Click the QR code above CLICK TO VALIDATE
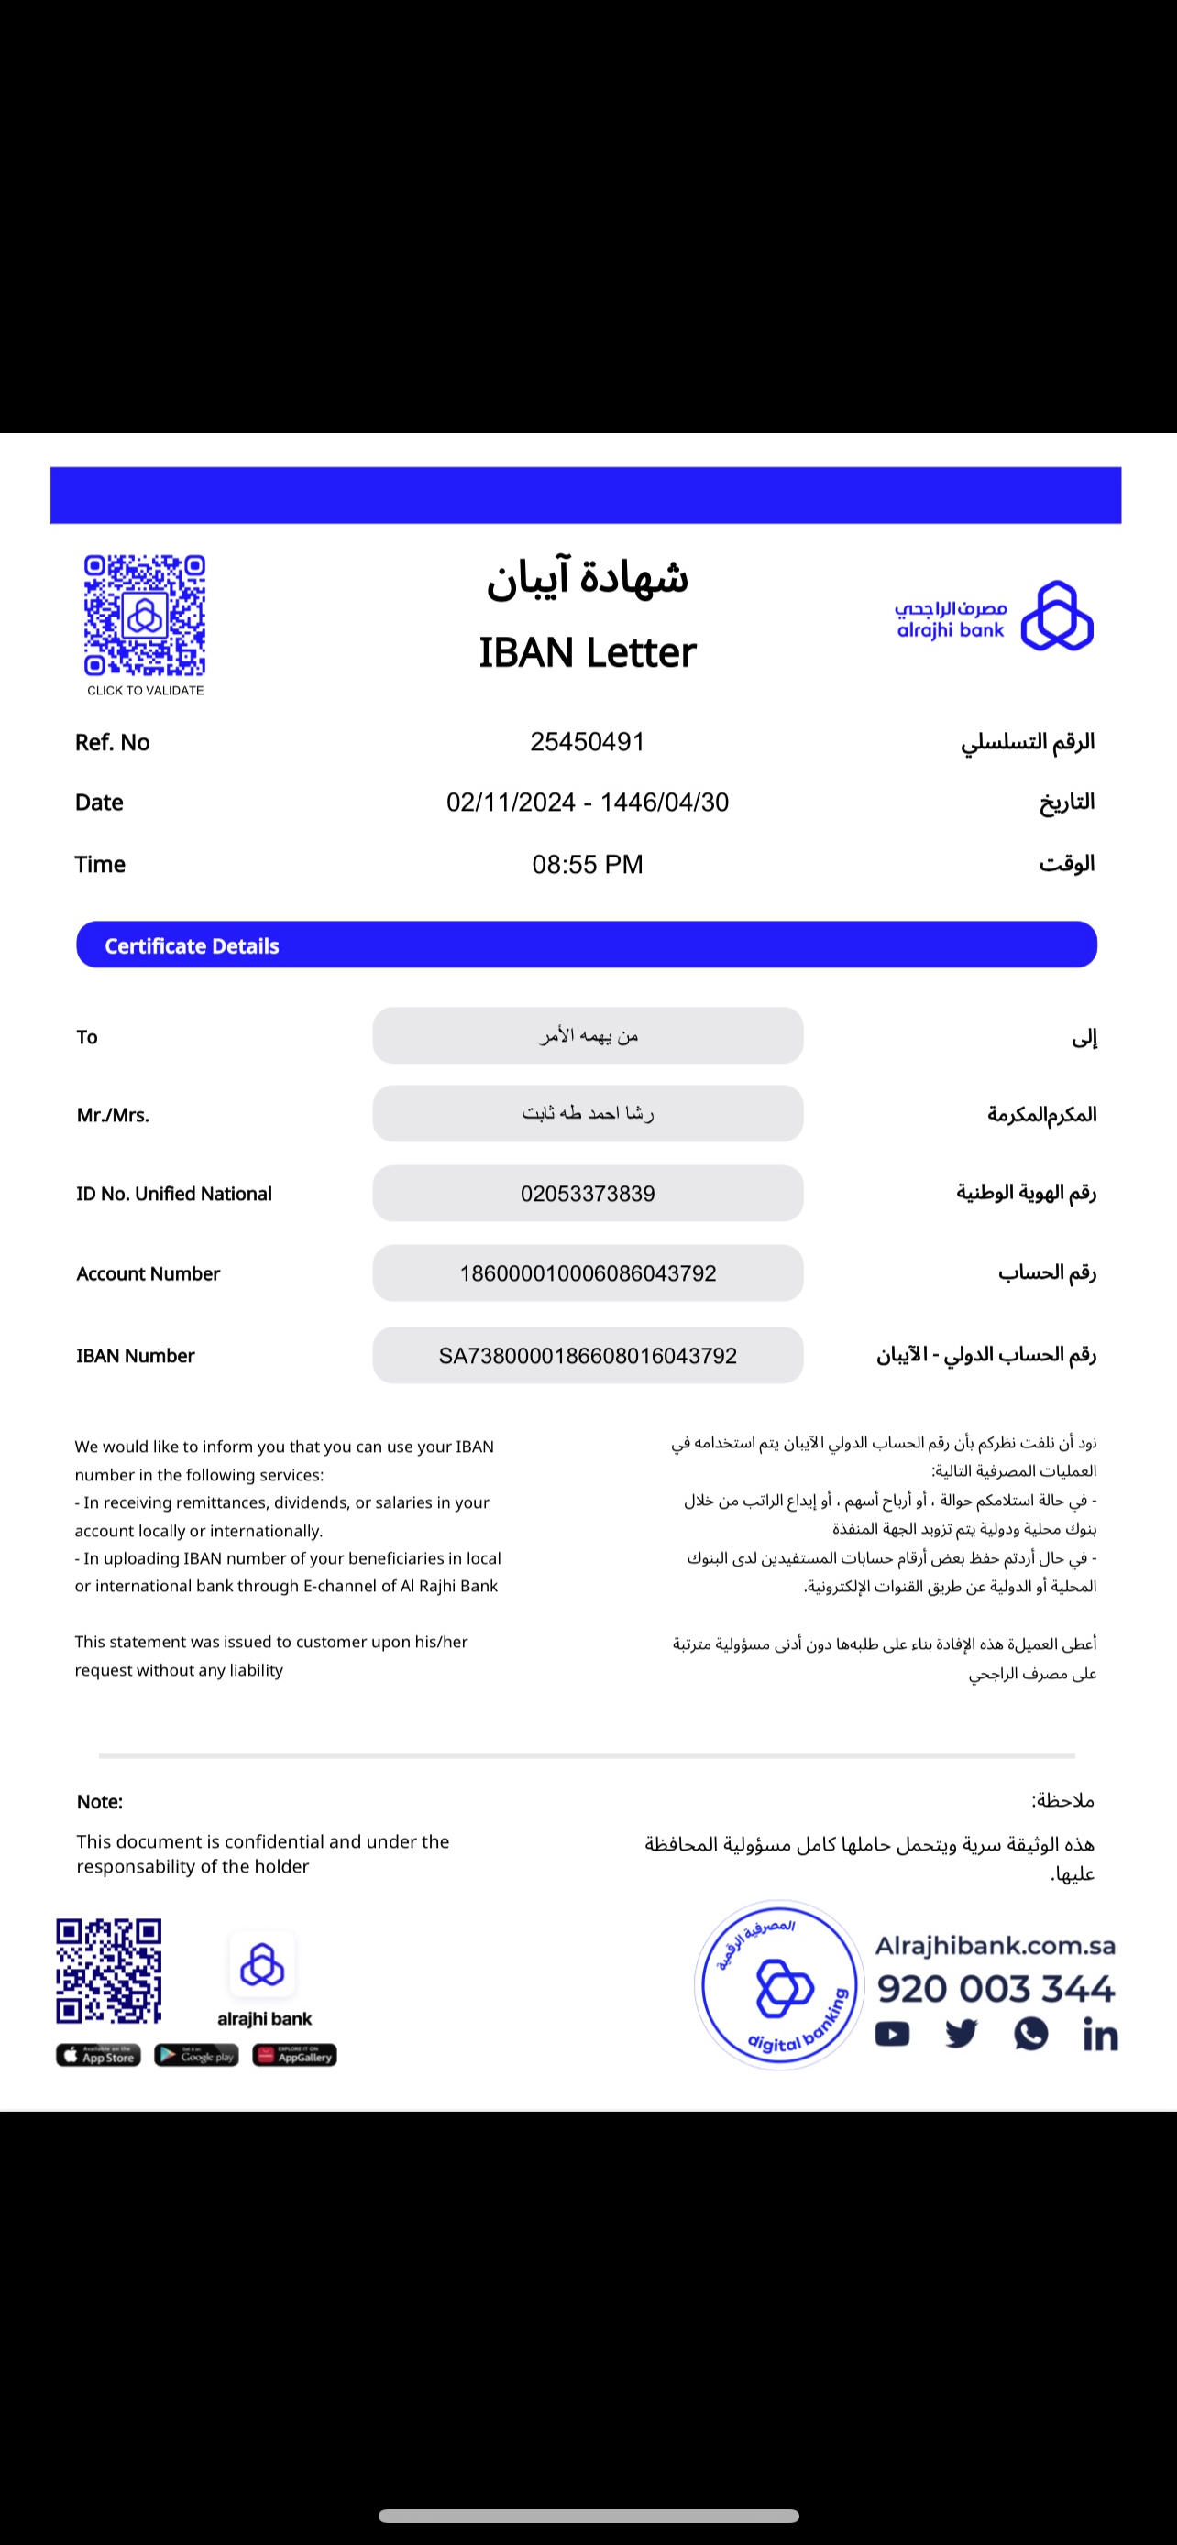[x=145, y=615]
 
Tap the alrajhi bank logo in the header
[x=993, y=616]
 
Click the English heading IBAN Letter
[x=587, y=653]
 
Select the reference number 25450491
[x=587, y=742]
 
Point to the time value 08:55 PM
[x=587, y=865]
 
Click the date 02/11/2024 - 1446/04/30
[x=587, y=803]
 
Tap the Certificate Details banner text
[x=192, y=946]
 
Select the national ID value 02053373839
[x=587, y=1194]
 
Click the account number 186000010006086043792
[x=587, y=1273]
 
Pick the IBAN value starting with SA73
[x=587, y=1356]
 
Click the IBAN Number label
[x=136, y=1356]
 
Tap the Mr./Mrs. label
[x=113, y=1116]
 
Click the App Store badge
[x=98, y=2056]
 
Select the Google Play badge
[x=195, y=2056]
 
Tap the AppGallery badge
[x=294, y=2056]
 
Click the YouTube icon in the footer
[x=891, y=2034]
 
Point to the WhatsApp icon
[x=1030, y=2033]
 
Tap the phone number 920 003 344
[x=995, y=1989]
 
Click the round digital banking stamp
[x=780, y=1985]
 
